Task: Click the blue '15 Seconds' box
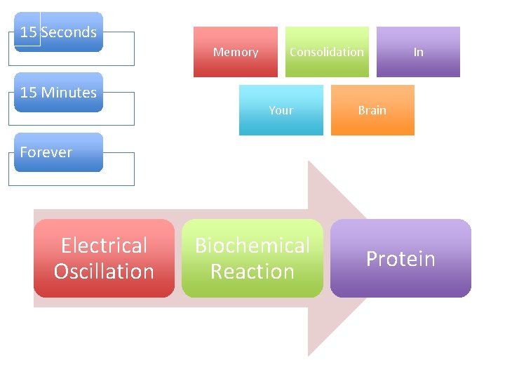click(59, 32)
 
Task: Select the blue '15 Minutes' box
click(59, 93)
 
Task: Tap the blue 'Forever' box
click(59, 152)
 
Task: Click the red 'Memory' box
click(236, 52)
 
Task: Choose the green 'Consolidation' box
click(327, 52)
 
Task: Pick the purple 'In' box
click(418, 52)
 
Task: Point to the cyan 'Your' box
click(281, 110)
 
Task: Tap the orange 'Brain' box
click(372, 110)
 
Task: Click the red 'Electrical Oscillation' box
click(104, 258)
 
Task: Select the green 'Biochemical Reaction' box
click(252, 258)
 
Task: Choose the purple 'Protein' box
click(400, 258)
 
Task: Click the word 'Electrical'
click(104, 246)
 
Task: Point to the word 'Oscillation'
click(104, 272)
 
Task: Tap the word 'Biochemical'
click(252, 246)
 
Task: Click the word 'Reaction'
click(252, 272)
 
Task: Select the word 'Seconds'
click(69, 32)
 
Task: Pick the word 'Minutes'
click(69, 93)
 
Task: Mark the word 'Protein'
click(400, 259)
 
